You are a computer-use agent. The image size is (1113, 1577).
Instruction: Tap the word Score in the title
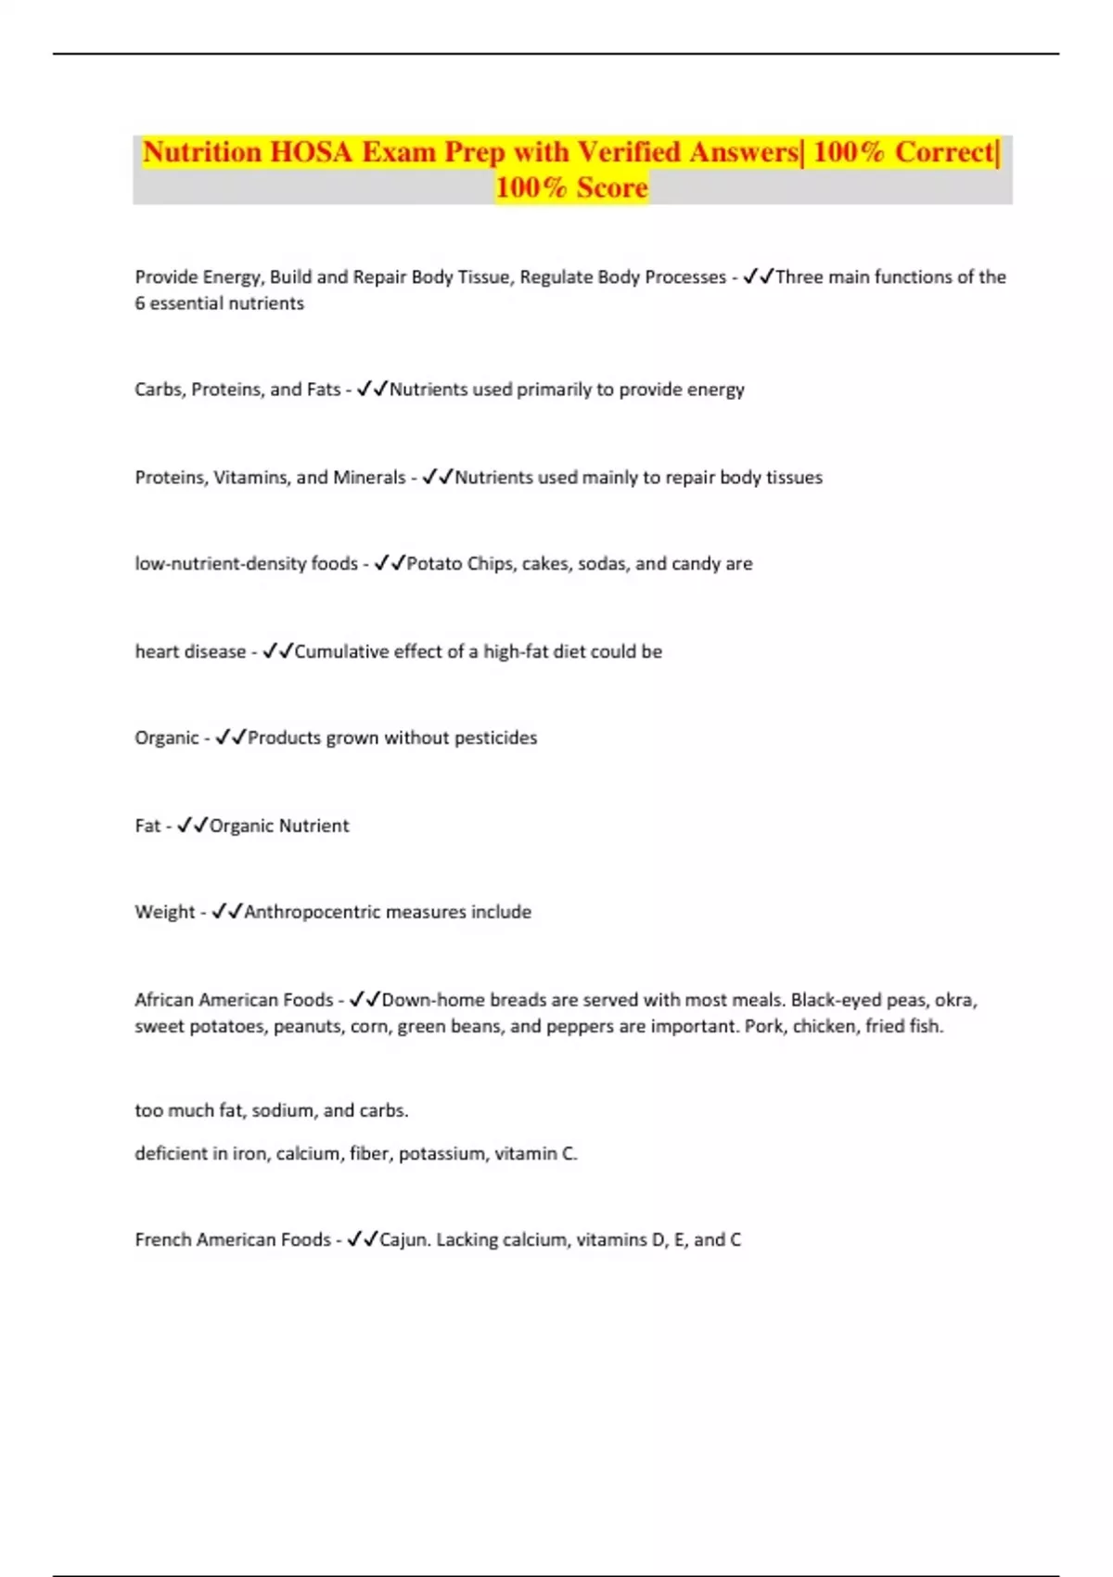coord(611,187)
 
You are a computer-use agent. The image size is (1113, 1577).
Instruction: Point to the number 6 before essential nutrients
coord(139,303)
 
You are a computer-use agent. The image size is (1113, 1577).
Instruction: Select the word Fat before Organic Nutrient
coord(147,826)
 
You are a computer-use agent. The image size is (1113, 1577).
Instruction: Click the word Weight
coord(164,912)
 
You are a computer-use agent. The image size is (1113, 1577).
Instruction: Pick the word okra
coord(955,1000)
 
